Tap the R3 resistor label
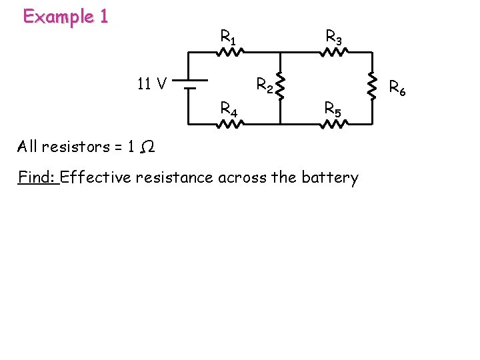333,37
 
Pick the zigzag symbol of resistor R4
229,124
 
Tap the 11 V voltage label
151,84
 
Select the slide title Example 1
65,17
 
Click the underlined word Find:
39,177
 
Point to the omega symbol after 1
149,146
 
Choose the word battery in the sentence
331,177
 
